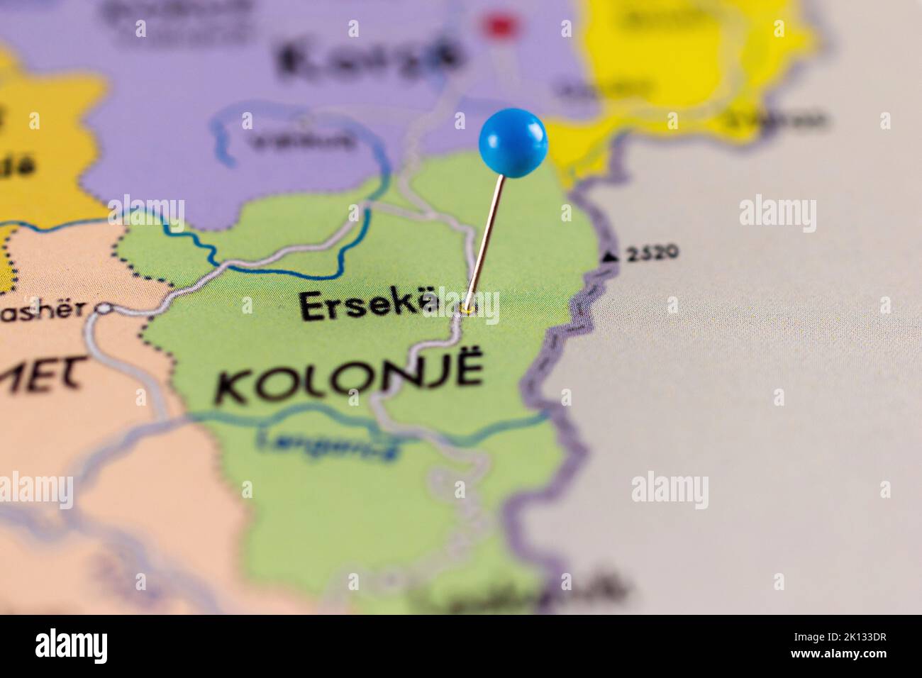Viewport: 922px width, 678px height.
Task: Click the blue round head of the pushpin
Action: click(513, 141)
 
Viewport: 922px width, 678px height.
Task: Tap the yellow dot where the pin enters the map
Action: click(467, 309)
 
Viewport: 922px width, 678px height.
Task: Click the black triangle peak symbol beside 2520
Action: click(609, 257)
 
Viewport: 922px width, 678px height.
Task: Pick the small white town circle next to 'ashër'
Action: click(105, 309)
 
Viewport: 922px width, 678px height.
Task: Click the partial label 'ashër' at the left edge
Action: click(43, 309)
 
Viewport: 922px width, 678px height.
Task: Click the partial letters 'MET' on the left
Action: click(43, 374)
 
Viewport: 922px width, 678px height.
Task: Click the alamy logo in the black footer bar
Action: click(72, 646)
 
